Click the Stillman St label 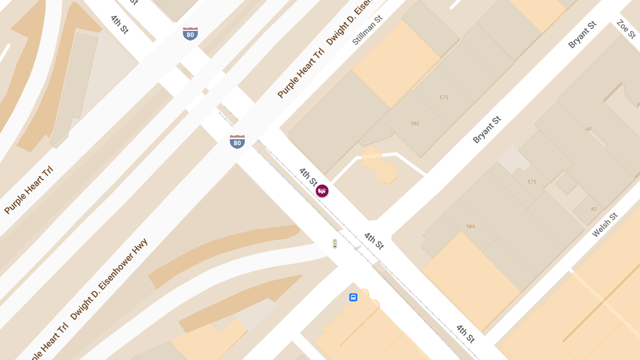pos(367,30)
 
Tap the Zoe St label pos(626,29)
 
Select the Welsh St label pos(605,225)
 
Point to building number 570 pos(444,98)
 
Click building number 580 pos(415,124)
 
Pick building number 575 pos(532,182)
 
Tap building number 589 pos(470,227)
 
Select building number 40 pos(594,209)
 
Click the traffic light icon pos(335,244)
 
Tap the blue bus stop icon pos(353,297)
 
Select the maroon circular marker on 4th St pos(322,191)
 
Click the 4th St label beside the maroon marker pos(308,177)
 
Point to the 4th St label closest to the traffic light pos(374,241)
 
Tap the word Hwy pos(140,246)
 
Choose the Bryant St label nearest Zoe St pos(582,35)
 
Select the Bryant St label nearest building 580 pos(487,130)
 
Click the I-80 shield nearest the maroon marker pos(237,142)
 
